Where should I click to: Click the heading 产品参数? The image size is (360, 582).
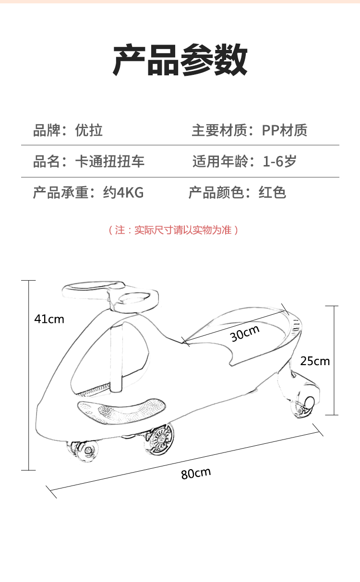click(180, 60)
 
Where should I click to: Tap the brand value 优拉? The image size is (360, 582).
click(89, 130)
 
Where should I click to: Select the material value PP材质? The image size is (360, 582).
click(284, 130)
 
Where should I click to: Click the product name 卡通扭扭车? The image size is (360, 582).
click(110, 161)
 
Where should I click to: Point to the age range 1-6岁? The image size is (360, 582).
click(279, 161)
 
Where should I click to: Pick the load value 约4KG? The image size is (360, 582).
click(123, 193)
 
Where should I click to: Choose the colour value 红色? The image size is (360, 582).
click(272, 193)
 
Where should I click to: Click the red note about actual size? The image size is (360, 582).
click(173, 230)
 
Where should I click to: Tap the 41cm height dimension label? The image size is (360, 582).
click(49, 319)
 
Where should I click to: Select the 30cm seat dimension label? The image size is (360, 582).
click(245, 333)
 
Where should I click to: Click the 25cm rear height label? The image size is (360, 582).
click(315, 361)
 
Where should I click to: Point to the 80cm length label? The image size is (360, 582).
click(196, 473)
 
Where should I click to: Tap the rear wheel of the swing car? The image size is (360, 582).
click(304, 404)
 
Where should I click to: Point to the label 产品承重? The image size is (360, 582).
click(60, 193)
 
